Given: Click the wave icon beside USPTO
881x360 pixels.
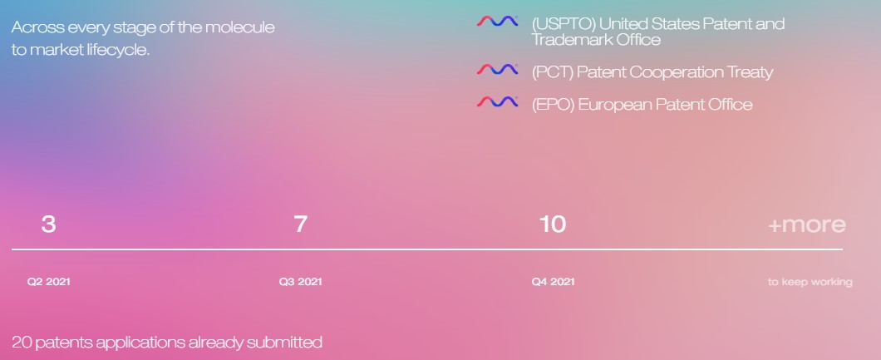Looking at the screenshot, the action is coord(497,22).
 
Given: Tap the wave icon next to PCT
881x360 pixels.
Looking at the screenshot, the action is coord(497,69).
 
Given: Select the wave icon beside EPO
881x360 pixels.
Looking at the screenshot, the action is coord(497,101).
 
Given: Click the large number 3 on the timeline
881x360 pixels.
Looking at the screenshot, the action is coord(48,224).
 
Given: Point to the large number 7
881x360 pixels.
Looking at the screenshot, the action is coord(301,224).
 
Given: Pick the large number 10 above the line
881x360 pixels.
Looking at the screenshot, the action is coord(553,224).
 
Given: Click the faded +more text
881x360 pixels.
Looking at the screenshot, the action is coord(807,224).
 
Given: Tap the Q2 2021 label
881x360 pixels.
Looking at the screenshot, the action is coord(49,281).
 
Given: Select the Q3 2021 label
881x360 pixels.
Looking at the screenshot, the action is coord(301,281).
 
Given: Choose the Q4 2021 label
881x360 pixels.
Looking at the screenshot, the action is coord(554,281).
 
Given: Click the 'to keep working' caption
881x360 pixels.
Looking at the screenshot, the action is coord(810,282).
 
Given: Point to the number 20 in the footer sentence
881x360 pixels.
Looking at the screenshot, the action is coord(22,342).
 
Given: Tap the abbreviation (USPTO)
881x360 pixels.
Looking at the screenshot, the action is coord(563,24).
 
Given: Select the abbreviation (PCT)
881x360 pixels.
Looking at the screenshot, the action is coord(553,72).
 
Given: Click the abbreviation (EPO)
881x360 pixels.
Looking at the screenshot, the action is coord(553,105).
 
